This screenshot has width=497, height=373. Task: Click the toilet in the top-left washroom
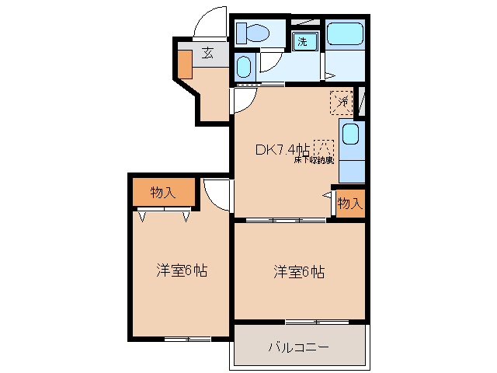pyautogui.click(x=252, y=33)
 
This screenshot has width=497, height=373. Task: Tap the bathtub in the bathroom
pyautogui.click(x=344, y=34)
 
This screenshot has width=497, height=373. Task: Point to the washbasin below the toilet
pyautogui.click(x=244, y=67)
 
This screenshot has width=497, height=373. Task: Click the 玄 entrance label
pyautogui.click(x=208, y=53)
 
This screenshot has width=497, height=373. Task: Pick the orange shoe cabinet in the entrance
pyautogui.click(x=184, y=64)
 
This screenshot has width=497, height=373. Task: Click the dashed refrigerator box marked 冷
pyautogui.click(x=342, y=102)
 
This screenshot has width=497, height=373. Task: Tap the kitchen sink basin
pyautogui.click(x=350, y=136)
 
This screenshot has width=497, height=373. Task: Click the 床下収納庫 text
pyautogui.click(x=313, y=161)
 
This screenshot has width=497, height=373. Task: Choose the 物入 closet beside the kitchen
pyautogui.click(x=349, y=204)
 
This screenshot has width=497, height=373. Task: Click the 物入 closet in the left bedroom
pyautogui.click(x=163, y=193)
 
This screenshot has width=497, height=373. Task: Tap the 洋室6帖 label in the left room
pyautogui.click(x=181, y=270)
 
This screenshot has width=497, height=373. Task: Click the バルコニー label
pyautogui.click(x=299, y=347)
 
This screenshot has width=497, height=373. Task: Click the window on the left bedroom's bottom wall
pyautogui.click(x=187, y=339)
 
